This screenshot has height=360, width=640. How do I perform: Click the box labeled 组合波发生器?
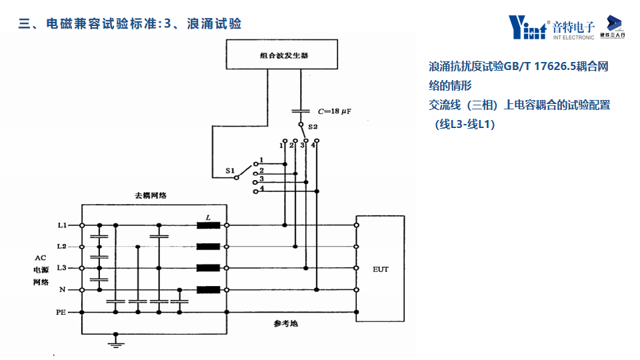[x=284, y=56]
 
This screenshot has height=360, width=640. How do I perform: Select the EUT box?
[x=381, y=269]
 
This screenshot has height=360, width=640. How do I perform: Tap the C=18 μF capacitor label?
[x=333, y=111]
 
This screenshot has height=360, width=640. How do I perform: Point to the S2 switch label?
[x=313, y=126]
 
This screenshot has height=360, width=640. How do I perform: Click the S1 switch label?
[x=230, y=171]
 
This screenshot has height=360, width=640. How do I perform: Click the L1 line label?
[x=62, y=225]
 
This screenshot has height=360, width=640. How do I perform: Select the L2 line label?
[x=62, y=247]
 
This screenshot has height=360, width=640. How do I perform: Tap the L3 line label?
[x=62, y=268]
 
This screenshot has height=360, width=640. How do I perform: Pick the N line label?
[x=63, y=290]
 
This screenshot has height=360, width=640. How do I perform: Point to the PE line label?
[x=61, y=311]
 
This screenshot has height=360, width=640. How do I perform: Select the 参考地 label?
[x=285, y=323]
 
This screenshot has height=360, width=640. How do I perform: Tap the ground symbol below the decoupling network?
[x=116, y=343]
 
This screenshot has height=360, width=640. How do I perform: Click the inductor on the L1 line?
[x=209, y=225]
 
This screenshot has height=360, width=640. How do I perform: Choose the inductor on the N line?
[x=209, y=290]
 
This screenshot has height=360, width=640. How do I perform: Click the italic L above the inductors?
[x=208, y=217]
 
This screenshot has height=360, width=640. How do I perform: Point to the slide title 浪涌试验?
[x=215, y=24]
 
